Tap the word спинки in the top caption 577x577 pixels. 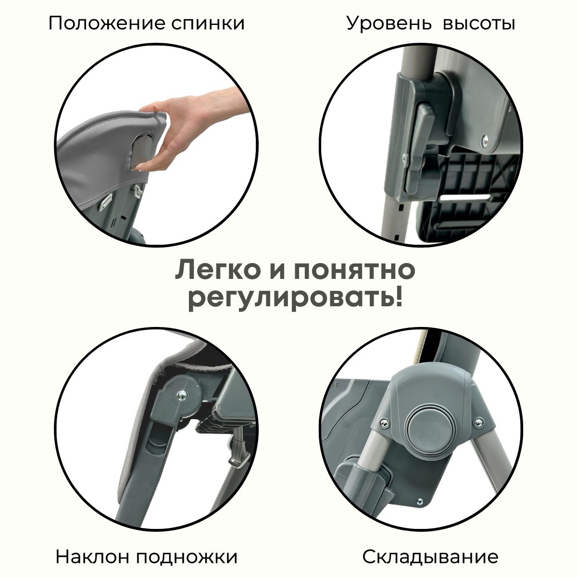(x=208, y=24)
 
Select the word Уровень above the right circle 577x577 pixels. (x=389, y=24)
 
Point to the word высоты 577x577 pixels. (x=479, y=24)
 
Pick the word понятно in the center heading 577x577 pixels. (x=353, y=271)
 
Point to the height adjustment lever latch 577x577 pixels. (x=419, y=141)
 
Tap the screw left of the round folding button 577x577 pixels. (x=384, y=423)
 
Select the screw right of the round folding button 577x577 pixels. (x=478, y=422)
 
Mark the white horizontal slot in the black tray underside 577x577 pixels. (x=465, y=197)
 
